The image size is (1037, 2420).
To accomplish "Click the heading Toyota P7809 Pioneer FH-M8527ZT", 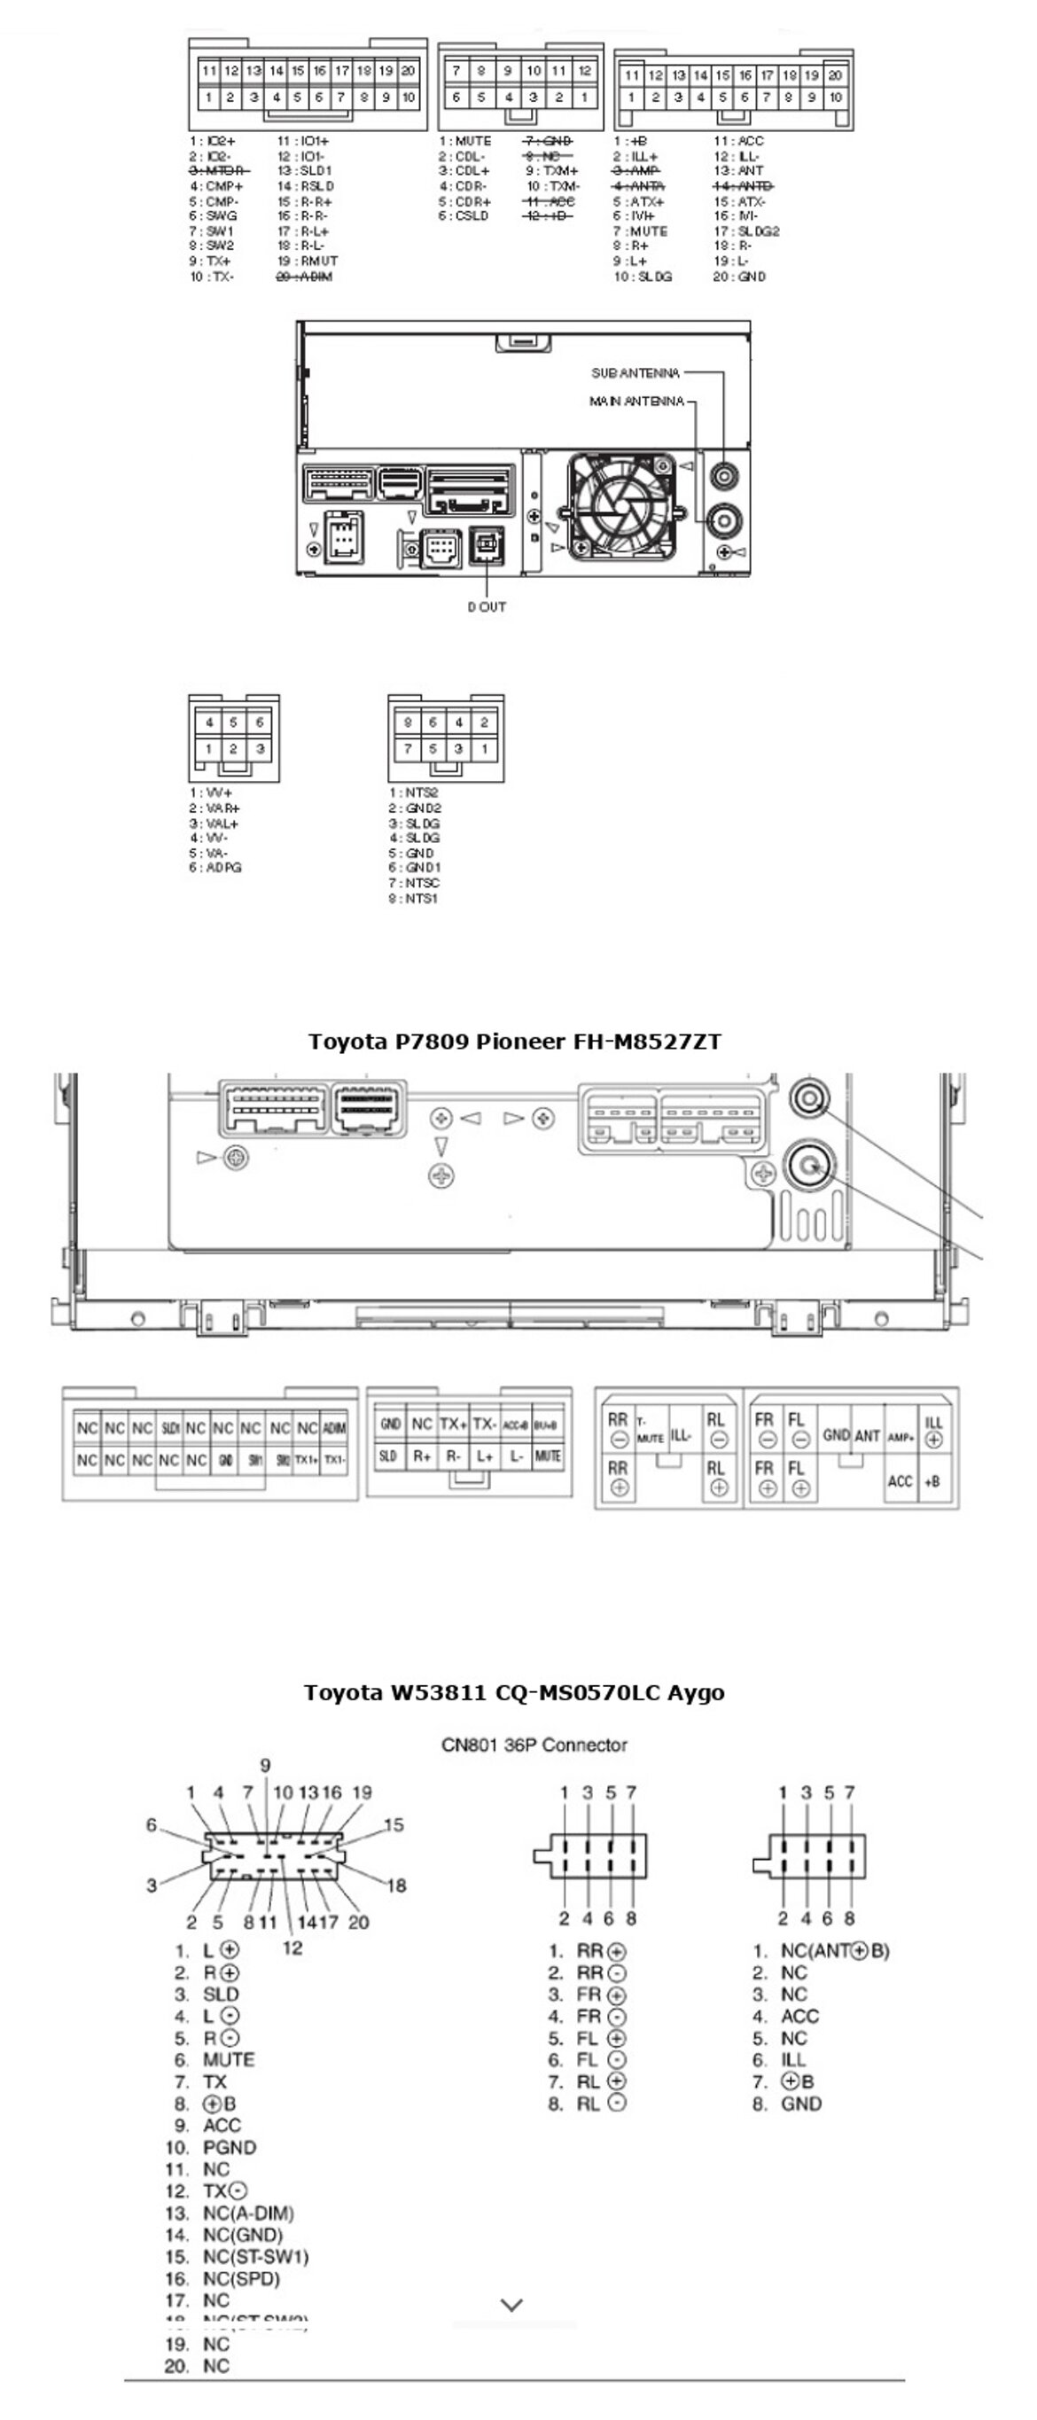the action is [514, 1041].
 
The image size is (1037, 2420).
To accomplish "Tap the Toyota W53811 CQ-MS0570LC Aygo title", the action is [514, 1692].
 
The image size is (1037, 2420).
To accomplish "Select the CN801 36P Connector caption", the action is [534, 1745].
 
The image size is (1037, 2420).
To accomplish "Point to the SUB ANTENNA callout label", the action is [635, 373].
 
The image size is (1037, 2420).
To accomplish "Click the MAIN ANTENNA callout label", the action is [635, 402].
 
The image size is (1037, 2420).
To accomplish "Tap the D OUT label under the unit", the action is [487, 607].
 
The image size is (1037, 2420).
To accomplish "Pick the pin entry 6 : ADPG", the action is [215, 868].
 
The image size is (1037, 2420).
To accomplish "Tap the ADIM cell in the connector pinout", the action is [333, 1429].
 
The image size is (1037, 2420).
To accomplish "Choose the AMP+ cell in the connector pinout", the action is [900, 1437].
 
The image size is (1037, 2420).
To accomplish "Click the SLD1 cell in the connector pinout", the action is [169, 1429].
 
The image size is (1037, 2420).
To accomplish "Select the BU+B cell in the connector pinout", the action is [546, 1425].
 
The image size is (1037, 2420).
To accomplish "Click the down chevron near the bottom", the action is [512, 2305].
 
